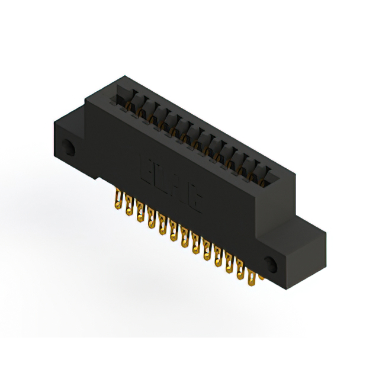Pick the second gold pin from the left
point(127,207)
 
